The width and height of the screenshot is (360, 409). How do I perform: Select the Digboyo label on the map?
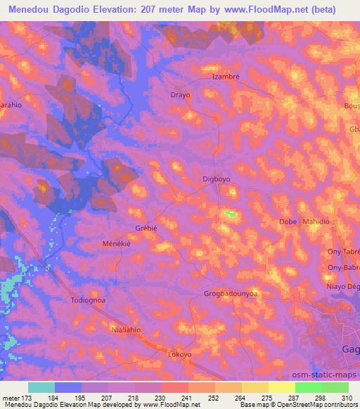216,179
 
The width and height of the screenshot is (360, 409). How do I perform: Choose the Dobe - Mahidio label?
304,222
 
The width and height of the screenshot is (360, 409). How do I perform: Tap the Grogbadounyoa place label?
230,293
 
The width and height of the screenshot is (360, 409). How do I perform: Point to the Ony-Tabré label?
345,251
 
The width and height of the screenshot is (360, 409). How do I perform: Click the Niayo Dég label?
344,285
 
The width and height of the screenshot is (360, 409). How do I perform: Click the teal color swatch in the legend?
41,387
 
